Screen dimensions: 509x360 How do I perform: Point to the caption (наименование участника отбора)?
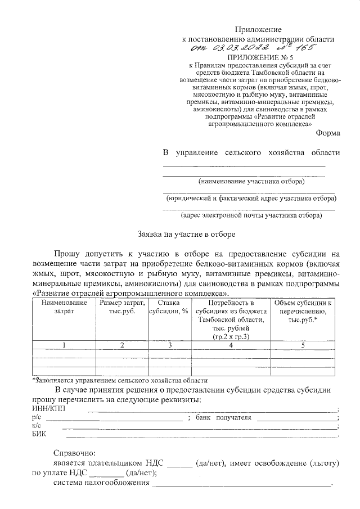251,182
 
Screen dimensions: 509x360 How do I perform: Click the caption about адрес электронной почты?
251,215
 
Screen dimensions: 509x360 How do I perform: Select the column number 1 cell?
64,345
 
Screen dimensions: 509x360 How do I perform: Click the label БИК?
40,434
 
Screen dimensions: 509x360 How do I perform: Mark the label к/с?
37,426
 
